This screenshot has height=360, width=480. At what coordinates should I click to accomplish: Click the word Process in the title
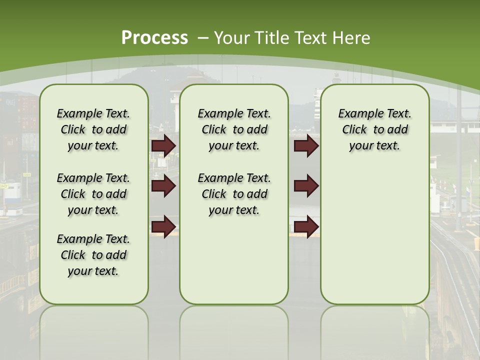(154, 37)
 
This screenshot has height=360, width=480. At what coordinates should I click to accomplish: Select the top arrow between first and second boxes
(163, 146)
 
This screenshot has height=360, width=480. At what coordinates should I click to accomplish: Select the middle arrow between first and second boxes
(163, 186)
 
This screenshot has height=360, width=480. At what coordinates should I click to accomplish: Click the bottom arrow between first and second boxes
(163, 226)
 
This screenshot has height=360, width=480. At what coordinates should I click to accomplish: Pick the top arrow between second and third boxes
(306, 146)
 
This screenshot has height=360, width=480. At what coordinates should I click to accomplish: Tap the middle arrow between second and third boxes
(306, 186)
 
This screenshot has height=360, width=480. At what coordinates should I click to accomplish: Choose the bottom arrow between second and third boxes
(306, 226)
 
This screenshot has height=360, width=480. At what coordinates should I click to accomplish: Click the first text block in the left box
(93, 129)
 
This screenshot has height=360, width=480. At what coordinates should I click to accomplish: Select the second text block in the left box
(93, 194)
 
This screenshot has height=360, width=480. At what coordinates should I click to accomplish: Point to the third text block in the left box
(93, 255)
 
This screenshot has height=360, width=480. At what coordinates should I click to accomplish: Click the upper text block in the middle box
(234, 129)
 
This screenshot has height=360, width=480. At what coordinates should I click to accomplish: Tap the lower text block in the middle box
(234, 194)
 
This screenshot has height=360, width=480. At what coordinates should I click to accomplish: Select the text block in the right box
(374, 129)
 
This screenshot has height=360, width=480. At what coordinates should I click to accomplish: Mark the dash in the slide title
(203, 37)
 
